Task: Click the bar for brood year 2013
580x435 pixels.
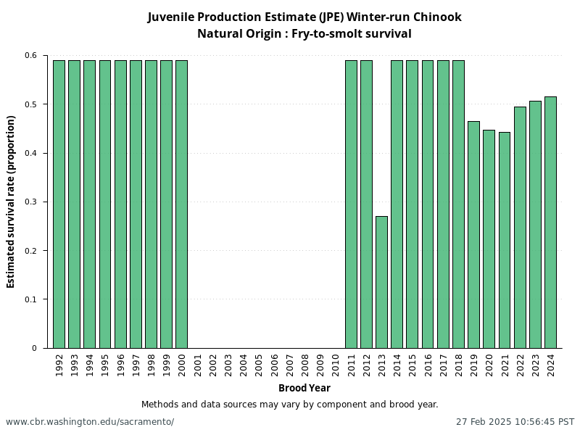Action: [x=381, y=282]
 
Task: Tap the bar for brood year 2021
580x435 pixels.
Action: [x=505, y=240]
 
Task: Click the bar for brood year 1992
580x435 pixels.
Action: [x=59, y=204]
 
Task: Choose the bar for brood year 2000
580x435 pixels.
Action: [x=181, y=204]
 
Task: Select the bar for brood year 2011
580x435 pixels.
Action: [x=351, y=204]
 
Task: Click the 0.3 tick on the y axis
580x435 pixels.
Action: [x=30, y=202]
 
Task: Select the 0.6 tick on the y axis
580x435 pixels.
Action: [x=30, y=56]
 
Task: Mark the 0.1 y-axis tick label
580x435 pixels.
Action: [x=30, y=299]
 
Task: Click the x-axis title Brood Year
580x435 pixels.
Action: [x=304, y=389]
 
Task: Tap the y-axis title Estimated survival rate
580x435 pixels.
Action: [x=12, y=202]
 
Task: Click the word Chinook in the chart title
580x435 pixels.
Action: [x=432, y=17]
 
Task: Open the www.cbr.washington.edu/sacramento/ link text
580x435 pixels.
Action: [x=90, y=422]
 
